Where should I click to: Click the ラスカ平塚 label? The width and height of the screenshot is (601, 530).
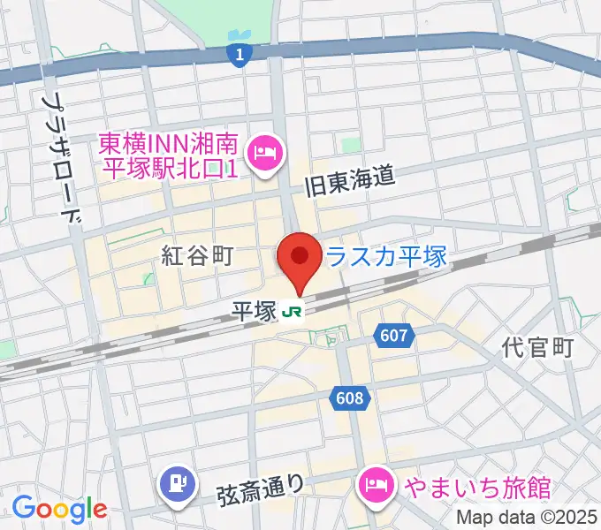coord(386,257)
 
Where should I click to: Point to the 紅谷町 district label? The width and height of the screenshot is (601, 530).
coord(197,256)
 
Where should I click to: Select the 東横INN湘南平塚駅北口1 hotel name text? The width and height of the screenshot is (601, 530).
coord(168,155)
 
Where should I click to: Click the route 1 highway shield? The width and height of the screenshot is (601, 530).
coord(236,55)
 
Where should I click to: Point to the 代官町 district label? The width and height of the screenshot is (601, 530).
coord(538,347)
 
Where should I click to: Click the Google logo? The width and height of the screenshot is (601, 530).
coord(59,509)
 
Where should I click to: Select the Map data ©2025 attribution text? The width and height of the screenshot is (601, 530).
coord(525,517)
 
